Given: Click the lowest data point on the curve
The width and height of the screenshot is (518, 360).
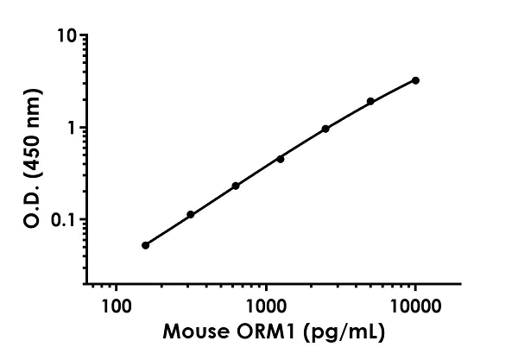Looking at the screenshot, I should point(145,245).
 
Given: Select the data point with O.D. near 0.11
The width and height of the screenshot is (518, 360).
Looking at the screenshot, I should point(190,214).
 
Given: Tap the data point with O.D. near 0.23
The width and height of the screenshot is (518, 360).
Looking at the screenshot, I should point(235,186).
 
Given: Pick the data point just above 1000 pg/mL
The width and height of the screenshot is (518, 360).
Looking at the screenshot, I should point(281,159).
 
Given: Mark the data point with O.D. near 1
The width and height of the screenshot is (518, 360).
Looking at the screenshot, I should point(325,129).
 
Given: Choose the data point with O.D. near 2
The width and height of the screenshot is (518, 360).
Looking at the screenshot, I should point(370,101).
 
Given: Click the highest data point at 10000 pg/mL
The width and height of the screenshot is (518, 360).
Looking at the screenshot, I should point(415,80).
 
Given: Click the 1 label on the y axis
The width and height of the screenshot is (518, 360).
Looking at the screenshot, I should point(73,128).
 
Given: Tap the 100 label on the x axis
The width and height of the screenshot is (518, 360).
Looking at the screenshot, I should point(116,306).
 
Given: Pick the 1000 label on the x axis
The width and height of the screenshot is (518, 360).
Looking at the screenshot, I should point(265,306).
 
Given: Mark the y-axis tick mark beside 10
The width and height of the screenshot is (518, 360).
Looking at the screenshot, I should point(82,36).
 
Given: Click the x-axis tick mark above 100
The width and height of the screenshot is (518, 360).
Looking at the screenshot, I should point(116,287).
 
